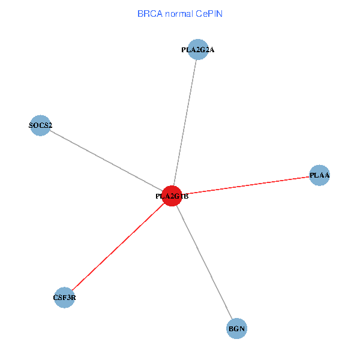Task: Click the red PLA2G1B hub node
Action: coord(172,196)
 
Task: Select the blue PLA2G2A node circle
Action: coord(197,50)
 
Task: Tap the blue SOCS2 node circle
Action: coord(40,126)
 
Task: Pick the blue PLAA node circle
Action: coord(319,175)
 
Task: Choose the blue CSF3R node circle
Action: coord(64,297)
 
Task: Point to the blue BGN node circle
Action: coord(237,329)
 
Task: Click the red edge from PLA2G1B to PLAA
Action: coord(246,185)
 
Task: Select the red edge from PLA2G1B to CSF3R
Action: coord(118,247)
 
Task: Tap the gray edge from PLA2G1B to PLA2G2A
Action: coord(185,123)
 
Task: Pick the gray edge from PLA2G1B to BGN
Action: coord(204,262)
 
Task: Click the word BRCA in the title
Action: coord(149,14)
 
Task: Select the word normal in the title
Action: coord(180,14)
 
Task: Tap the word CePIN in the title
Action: coord(209,14)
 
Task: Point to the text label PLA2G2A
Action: coord(197,50)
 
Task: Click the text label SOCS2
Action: coord(40,126)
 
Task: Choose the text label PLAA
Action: coord(319,175)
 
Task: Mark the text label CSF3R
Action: coord(64,297)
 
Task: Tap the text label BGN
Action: coord(237,329)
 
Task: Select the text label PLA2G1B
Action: coord(172,196)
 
